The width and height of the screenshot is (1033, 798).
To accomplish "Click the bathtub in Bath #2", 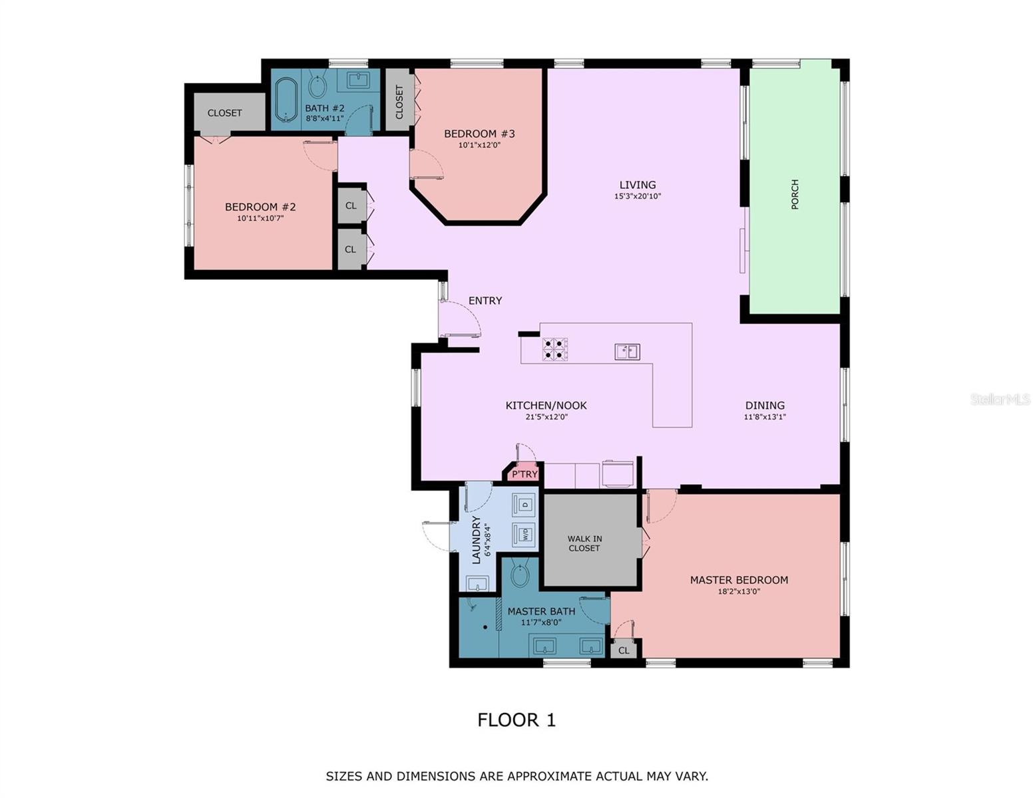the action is point(286,99).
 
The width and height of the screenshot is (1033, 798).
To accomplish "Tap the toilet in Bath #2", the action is point(317,85).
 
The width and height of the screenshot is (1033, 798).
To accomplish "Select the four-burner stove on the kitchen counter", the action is point(554,349).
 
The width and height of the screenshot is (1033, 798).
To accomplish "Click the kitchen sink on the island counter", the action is point(627,351).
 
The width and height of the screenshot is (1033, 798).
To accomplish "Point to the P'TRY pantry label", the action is point(524,473).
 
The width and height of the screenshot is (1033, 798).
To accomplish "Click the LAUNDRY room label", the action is point(476,539).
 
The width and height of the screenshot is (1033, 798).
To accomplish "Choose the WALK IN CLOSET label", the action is point(584,543).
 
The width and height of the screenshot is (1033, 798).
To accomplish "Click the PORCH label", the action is point(794,194).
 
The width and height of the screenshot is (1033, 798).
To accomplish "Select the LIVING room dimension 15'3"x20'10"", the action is point(638,196).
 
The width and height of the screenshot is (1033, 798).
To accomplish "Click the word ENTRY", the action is point(485,301).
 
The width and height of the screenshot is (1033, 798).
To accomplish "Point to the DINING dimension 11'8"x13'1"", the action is point(765,417).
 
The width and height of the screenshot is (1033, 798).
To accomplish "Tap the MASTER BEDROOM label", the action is point(739,580).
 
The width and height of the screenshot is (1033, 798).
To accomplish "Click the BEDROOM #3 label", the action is point(479,134).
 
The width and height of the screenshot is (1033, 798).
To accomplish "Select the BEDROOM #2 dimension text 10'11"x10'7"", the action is point(260,218).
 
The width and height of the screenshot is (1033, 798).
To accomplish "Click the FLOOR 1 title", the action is point(516,720).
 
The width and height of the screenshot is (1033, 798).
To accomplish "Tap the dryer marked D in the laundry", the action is point(524,505).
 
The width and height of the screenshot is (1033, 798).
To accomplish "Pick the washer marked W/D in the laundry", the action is point(524,535).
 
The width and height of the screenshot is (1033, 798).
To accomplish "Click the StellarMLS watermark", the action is point(1000,399).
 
